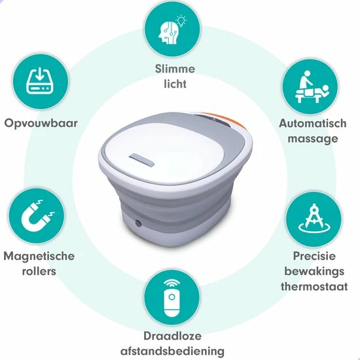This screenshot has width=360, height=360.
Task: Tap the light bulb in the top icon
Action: [x=181, y=21]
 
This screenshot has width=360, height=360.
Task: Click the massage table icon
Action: [x=312, y=87]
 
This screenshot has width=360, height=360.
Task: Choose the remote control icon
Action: [x=171, y=298]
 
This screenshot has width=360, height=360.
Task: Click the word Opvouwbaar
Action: [x=41, y=123]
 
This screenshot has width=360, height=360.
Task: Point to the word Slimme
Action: [x=175, y=69]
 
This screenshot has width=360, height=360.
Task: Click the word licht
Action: [x=175, y=84]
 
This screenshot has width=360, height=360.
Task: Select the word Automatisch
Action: [x=313, y=123]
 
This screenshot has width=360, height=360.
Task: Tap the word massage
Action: [x=313, y=139]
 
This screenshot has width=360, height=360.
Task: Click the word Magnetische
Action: [x=39, y=256]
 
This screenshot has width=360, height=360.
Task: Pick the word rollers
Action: [x=39, y=271]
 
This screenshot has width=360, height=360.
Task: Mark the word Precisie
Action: [x=314, y=256]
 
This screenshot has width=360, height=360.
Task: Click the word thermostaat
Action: [x=314, y=287]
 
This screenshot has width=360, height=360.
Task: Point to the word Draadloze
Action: [x=172, y=336]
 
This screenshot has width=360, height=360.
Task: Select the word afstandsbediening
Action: [x=172, y=351]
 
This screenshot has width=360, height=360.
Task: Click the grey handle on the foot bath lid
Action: [x=141, y=160]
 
